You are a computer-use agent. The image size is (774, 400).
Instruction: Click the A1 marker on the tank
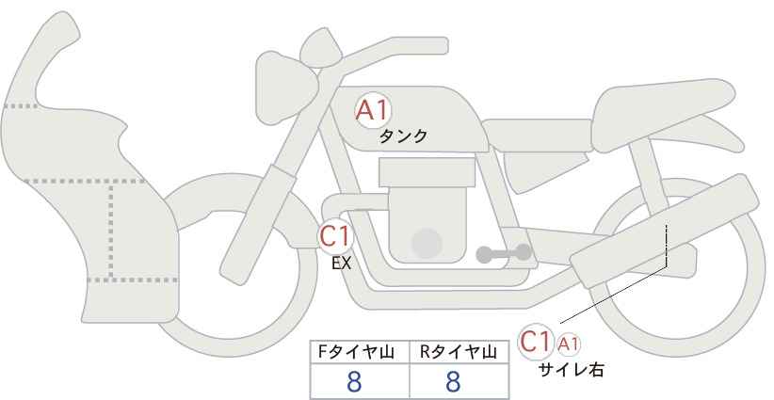373,111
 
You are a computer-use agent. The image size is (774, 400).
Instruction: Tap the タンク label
403,136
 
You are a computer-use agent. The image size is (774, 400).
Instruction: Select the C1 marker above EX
335,235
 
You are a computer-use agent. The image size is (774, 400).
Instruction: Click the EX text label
341,264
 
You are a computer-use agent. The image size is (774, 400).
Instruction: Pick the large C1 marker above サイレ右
536,342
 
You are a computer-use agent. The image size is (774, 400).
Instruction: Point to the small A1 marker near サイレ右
568,344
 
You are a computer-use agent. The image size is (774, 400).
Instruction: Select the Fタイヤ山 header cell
360,352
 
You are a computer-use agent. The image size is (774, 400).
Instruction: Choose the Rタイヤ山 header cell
460,352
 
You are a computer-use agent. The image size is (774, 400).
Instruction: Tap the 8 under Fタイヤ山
354,382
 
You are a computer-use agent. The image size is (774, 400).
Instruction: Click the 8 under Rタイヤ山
453,382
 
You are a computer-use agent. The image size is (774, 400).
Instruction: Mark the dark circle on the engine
427,243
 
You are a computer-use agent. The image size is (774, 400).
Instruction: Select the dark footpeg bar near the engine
504,253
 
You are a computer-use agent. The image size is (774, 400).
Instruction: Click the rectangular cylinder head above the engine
427,172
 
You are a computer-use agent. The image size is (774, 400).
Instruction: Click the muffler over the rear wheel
664,232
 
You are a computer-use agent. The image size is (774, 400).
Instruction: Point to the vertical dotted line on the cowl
111,230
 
